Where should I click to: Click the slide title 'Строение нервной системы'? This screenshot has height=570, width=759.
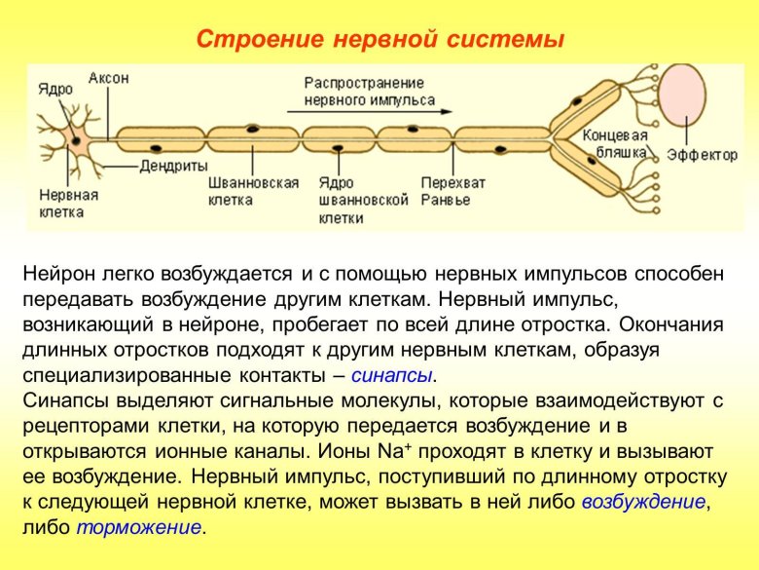(380, 40)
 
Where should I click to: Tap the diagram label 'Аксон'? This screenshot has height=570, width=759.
(109, 78)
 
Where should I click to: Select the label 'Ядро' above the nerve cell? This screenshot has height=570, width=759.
(55, 89)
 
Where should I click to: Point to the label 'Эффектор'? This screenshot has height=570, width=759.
(703, 155)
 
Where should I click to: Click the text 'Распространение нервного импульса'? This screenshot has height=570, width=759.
(364, 92)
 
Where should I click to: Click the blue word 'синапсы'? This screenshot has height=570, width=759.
(392, 376)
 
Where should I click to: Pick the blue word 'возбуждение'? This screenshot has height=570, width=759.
(642, 503)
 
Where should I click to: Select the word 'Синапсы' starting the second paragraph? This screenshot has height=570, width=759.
(65, 401)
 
